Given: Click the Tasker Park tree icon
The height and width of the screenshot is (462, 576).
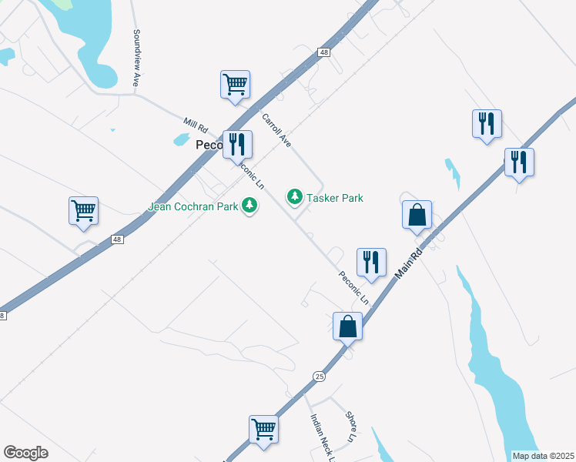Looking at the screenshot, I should (x=294, y=198).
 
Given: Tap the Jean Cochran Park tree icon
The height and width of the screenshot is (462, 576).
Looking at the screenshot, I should (x=249, y=206).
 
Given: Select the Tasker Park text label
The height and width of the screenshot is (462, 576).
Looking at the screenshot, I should (x=335, y=198).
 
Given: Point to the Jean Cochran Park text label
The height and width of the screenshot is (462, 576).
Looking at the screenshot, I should (x=193, y=206).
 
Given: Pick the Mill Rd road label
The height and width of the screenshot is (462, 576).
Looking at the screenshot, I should (x=196, y=124).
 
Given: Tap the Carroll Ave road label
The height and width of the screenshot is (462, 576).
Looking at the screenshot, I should (x=277, y=131).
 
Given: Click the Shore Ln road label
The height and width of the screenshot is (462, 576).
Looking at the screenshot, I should (x=351, y=427).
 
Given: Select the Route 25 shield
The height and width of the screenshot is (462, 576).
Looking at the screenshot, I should (x=320, y=376).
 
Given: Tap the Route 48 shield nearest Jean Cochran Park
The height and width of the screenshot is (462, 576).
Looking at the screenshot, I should (x=116, y=240).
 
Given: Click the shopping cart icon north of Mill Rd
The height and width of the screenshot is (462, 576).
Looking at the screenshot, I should (x=235, y=85).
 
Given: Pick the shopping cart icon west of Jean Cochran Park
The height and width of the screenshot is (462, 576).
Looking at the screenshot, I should (x=83, y=210).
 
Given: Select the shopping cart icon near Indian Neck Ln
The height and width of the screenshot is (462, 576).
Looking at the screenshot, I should (x=263, y=429).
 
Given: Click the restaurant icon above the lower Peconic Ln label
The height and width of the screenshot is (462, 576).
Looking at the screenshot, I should (x=372, y=262).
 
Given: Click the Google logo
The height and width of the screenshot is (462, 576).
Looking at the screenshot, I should (x=25, y=453).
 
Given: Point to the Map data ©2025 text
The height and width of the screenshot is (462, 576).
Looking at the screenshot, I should (x=543, y=456).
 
